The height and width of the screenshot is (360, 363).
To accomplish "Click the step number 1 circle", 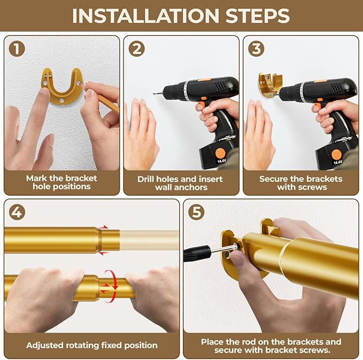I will pyautogui.click(x=18, y=50).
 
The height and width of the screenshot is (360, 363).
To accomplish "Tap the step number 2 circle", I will pyautogui.click(x=137, y=50).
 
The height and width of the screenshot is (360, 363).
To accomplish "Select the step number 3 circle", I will pyautogui.click(x=257, y=50).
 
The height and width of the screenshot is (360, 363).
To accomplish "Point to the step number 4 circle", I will pyautogui.click(x=18, y=212).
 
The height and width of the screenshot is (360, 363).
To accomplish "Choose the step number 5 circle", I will pyautogui.click(x=197, y=212).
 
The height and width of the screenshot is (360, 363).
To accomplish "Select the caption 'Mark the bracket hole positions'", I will pyautogui.click(x=61, y=182).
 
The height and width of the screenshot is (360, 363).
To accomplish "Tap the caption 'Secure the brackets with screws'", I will pyautogui.click(x=300, y=182).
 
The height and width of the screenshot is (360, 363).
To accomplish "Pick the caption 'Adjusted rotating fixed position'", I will pyautogui.click(x=92, y=345).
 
